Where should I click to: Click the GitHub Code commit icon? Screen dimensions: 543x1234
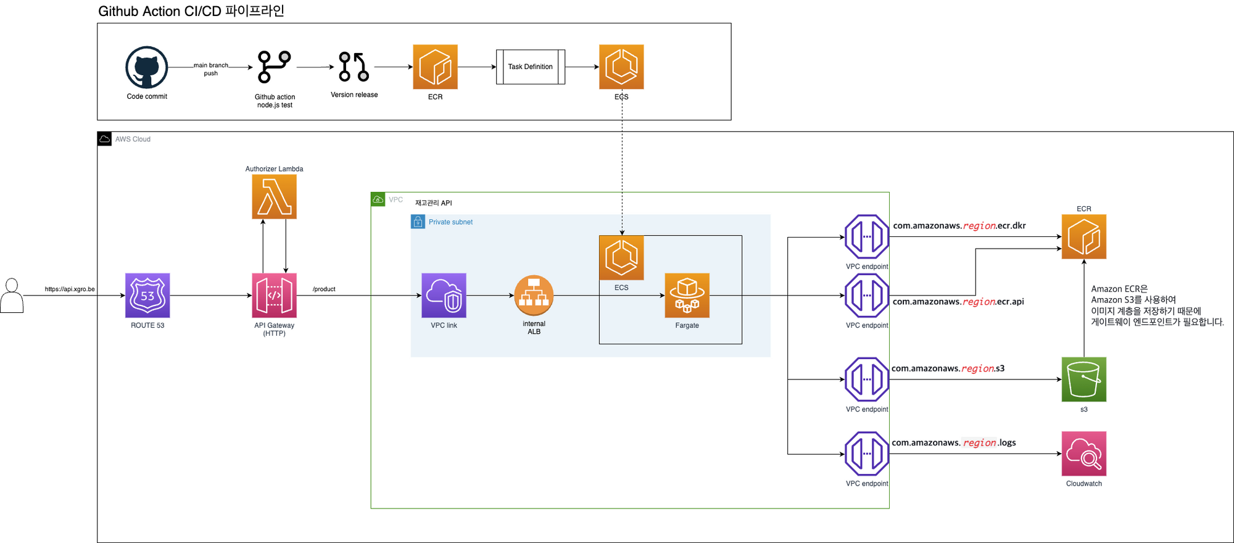point(147,67)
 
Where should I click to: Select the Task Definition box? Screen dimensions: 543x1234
point(530,67)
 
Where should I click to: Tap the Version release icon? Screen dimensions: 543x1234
point(354,67)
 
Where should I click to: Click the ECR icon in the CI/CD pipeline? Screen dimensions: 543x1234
point(435,67)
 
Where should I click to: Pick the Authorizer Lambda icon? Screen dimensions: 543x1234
point(274,196)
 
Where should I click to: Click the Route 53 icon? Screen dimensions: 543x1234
point(147,295)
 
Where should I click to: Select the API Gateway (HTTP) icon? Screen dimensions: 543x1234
point(274,295)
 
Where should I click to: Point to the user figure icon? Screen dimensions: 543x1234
point(12,296)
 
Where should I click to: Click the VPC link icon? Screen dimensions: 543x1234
point(444,295)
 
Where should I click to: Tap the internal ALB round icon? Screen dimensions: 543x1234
point(534,295)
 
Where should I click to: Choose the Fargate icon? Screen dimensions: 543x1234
point(687,295)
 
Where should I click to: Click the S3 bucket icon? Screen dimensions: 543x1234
point(1083,379)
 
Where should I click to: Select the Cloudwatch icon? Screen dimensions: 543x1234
point(1083,454)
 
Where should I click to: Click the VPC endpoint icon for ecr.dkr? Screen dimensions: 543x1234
point(866,236)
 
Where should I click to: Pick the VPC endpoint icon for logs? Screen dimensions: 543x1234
point(866,454)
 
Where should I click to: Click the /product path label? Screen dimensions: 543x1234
point(324,289)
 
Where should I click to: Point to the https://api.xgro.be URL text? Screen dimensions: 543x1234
point(70,289)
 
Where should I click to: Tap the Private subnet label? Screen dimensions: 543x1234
point(450,222)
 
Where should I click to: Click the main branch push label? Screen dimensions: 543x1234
point(211,69)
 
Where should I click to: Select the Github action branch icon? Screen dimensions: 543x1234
point(274,67)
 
